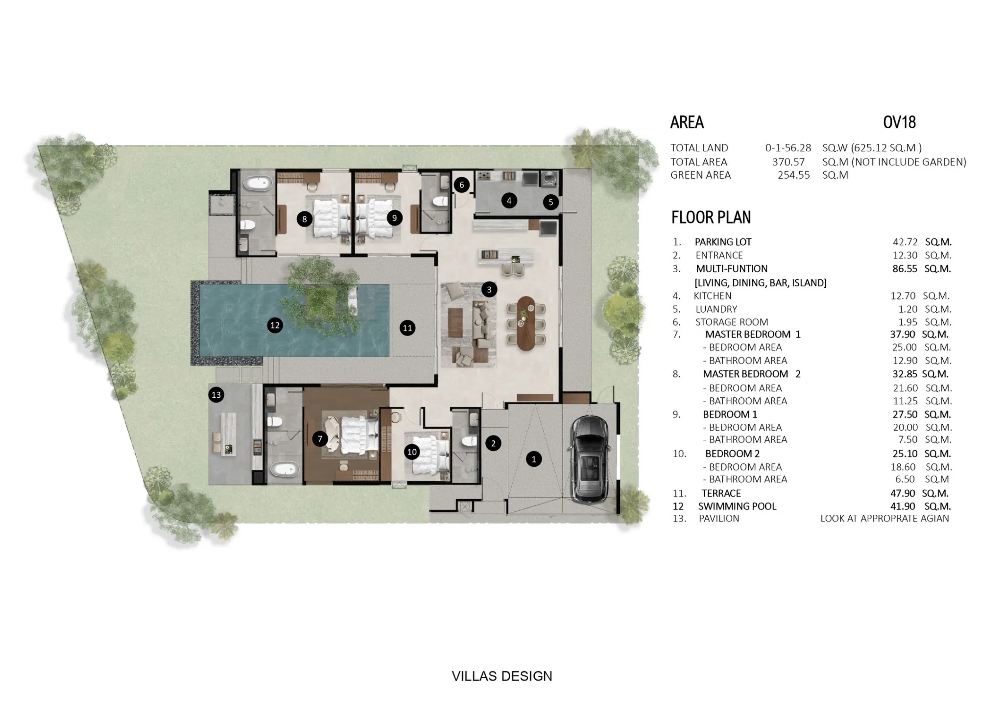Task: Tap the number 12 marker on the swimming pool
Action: [x=275, y=325]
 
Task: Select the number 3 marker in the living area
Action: [x=489, y=290]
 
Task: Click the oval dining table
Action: [x=526, y=323]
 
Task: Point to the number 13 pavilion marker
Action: [x=216, y=395]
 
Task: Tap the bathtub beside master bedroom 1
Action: [x=285, y=470]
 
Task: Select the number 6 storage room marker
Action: [x=461, y=185]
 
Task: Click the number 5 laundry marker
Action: [x=550, y=202]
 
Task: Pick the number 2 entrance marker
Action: [x=493, y=443]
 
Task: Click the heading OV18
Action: [x=899, y=122]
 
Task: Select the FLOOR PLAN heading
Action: [x=711, y=217]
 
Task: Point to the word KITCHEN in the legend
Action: [x=713, y=296]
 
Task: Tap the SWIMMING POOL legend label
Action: [x=737, y=506]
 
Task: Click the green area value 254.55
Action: [x=794, y=175]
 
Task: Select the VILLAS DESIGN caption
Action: [x=502, y=676]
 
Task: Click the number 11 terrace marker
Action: [x=407, y=328]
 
